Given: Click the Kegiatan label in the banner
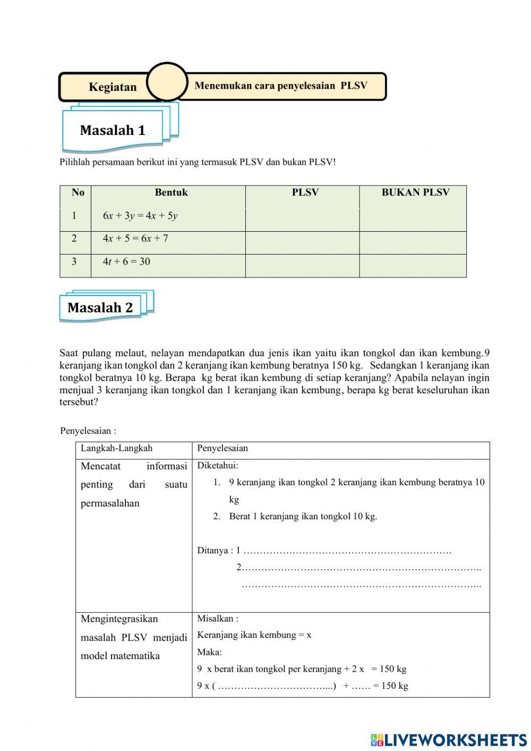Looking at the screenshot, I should (113, 87).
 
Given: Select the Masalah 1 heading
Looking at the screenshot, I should (113, 130).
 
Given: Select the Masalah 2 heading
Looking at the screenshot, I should (100, 307).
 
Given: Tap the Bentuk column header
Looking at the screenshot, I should (171, 193).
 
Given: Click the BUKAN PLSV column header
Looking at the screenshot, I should (415, 193).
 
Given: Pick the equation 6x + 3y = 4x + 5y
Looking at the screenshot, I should (140, 216).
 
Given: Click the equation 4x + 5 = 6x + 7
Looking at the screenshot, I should (135, 239).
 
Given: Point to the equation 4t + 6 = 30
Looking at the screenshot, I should (126, 261).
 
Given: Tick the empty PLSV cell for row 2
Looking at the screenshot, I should (302, 243).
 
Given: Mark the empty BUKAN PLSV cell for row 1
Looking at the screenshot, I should (413, 220).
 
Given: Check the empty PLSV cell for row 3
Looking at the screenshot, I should (302, 266).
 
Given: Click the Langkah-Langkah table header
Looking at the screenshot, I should (116, 449).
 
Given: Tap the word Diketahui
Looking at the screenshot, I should (218, 466).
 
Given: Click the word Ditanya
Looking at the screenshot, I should (213, 551).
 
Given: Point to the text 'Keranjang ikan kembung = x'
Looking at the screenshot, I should (254, 635).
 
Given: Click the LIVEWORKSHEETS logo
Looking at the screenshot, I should (449, 740).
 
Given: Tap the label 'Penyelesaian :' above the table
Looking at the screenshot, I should (88, 431).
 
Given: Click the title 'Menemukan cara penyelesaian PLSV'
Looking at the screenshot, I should (281, 86).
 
